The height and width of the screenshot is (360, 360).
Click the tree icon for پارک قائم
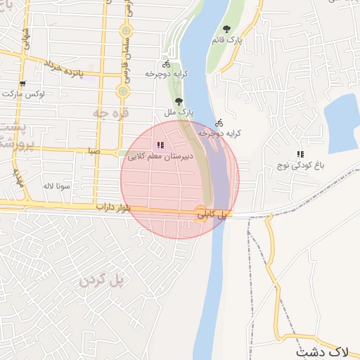[226, 29]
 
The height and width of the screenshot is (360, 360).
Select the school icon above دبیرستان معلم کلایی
[161, 145]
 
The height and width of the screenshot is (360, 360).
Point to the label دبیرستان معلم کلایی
[161, 157]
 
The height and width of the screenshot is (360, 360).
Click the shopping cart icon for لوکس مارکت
[23, 83]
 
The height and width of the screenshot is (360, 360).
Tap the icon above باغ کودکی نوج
[300, 154]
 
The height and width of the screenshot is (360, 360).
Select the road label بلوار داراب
[113, 207]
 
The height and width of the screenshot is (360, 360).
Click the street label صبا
[94, 150]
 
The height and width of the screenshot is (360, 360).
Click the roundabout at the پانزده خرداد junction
[124, 91]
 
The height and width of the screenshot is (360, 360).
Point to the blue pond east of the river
[342, 124]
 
